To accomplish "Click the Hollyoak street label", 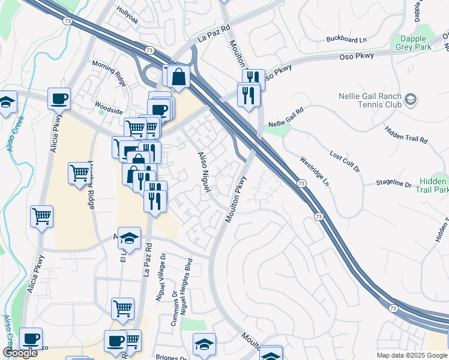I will pos(127,20).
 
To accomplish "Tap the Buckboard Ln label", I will pos(346,40).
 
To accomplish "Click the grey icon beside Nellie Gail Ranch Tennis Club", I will pos(411,99).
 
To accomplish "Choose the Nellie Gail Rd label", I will pos(286,118).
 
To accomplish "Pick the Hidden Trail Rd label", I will pos(406,136).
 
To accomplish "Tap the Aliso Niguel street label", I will pos(204,172).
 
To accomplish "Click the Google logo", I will pos(20,353).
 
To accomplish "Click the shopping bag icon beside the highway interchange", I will pos(178,77).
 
